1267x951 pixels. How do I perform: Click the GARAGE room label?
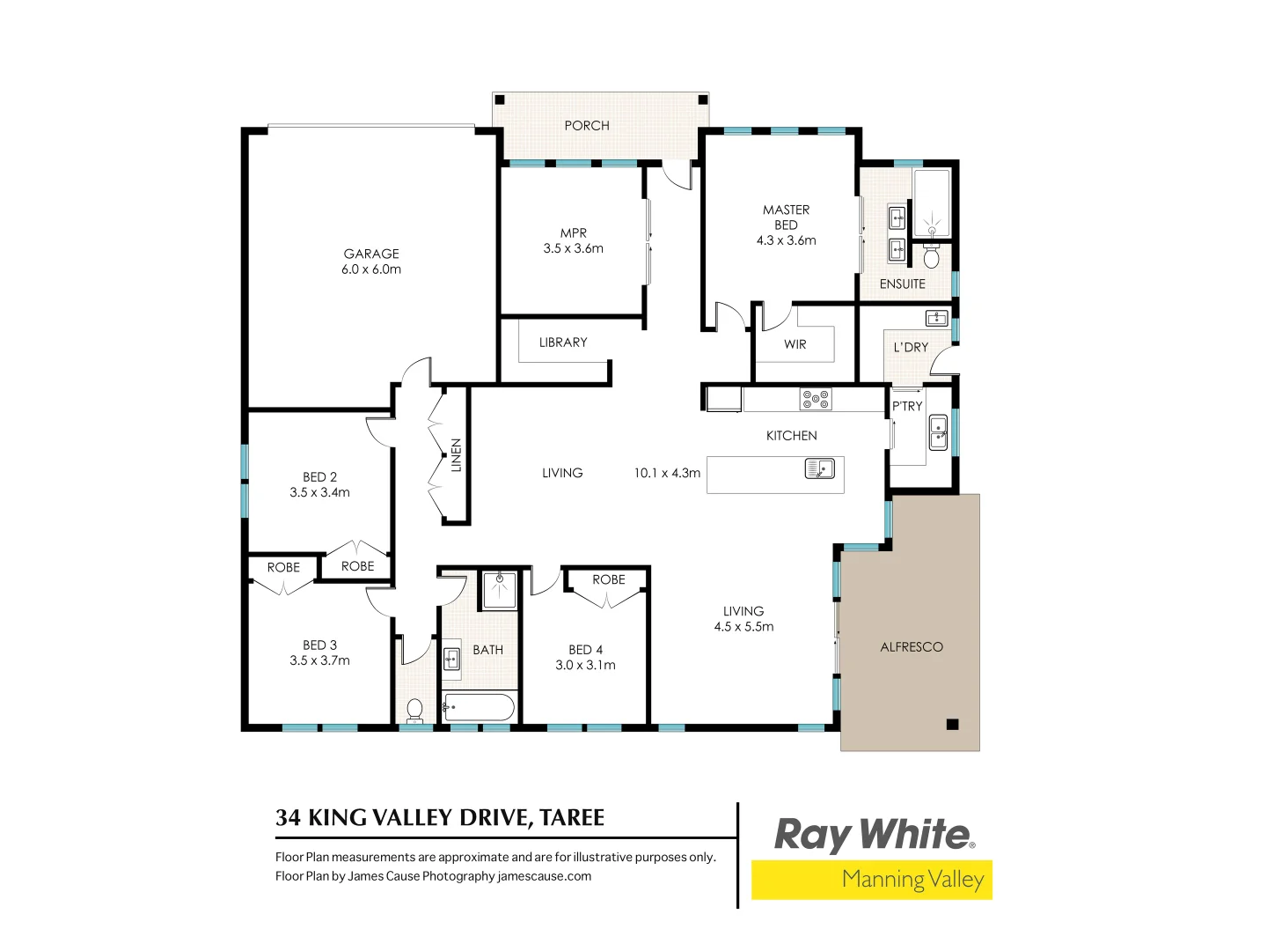coord(371,254)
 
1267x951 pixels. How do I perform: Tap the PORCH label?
coord(587,126)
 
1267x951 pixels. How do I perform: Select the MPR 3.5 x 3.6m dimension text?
coord(573,249)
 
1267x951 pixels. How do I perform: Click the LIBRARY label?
coord(563,343)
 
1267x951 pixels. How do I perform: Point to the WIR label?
coord(795,344)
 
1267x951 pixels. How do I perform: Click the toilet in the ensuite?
coord(932,256)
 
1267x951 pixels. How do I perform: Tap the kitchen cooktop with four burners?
coord(815,399)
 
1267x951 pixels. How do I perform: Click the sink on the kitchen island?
coord(819,469)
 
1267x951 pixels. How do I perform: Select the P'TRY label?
coord(907,406)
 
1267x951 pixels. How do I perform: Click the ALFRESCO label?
coord(911,647)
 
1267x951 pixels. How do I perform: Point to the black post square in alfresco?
coord(952,725)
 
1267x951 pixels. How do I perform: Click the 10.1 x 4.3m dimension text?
coord(667,474)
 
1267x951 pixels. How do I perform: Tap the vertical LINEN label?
coord(456,455)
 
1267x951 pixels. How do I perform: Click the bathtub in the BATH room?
coord(479,707)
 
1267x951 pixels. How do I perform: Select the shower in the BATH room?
coord(500,589)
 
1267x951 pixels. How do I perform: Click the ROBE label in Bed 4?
coord(608,579)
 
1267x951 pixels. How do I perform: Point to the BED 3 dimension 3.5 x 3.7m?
coord(319,660)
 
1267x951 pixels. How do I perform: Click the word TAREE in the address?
coord(572,818)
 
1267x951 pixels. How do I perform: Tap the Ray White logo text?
coord(873,834)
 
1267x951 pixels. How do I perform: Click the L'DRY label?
coord(911,348)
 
